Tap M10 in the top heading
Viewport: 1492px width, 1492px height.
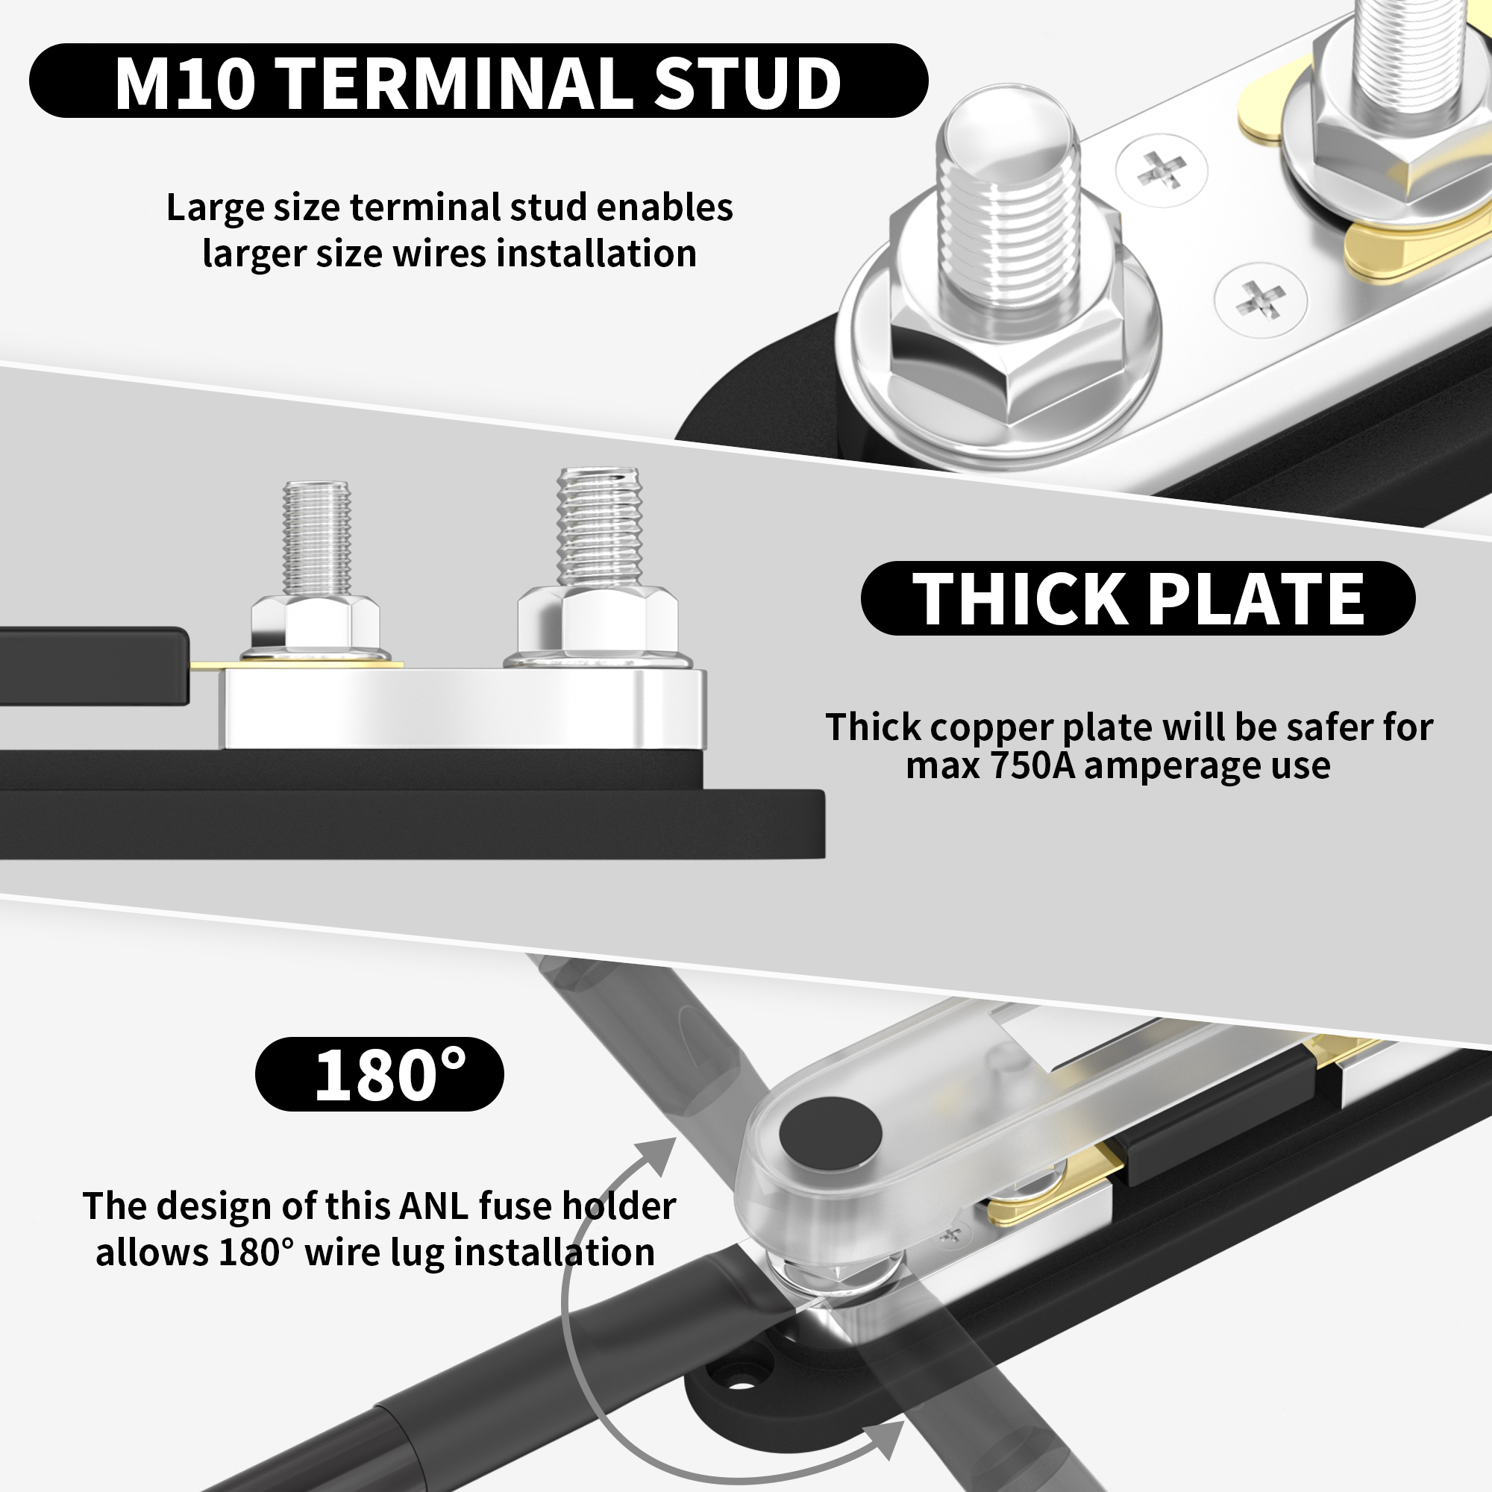pos(184,82)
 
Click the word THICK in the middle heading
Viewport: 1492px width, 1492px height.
pos(1019,598)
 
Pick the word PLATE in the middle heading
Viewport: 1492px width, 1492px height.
pos(1256,598)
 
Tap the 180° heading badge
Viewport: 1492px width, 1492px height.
pos(379,1074)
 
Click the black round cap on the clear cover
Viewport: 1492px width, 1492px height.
pos(830,1133)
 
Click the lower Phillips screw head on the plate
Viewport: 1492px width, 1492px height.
pos(1259,300)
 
